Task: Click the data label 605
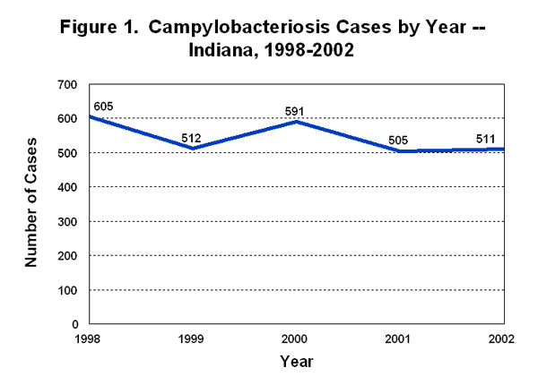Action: [x=102, y=107]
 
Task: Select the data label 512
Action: [x=191, y=138]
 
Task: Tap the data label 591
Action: [x=295, y=111]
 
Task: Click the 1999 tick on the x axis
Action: [x=191, y=338]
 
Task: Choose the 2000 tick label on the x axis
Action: [x=295, y=338]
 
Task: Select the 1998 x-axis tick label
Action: [x=88, y=338]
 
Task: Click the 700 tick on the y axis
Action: [x=68, y=85]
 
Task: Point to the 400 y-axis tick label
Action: [x=68, y=187]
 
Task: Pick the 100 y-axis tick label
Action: [x=68, y=290]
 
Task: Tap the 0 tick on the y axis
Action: [x=75, y=324]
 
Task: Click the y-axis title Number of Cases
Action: [x=31, y=203]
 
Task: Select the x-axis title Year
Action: [x=295, y=361]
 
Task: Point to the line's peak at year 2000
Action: [x=295, y=122]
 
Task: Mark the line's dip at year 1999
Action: [x=191, y=149]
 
